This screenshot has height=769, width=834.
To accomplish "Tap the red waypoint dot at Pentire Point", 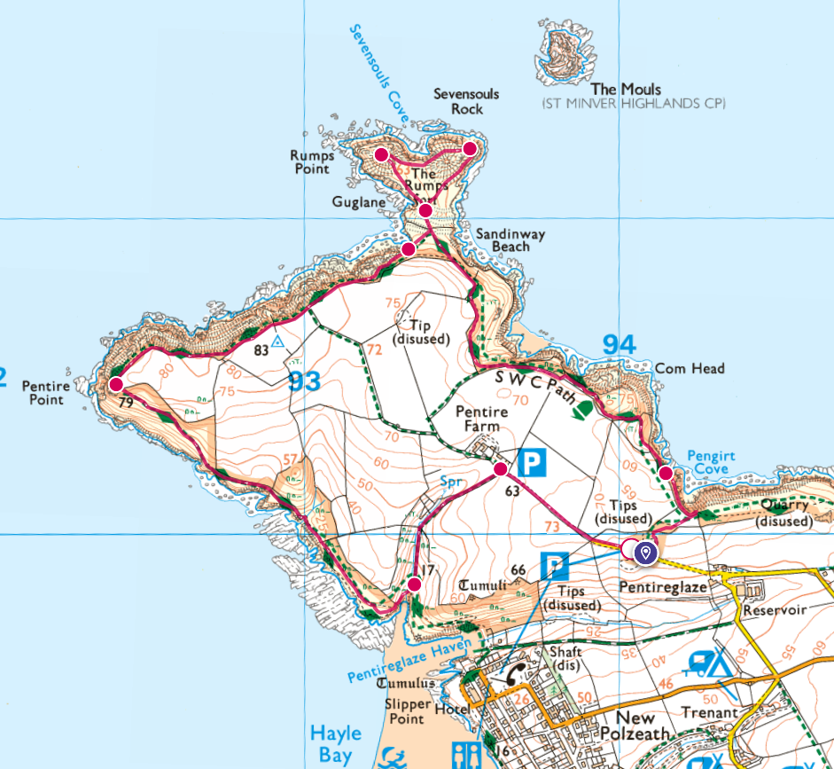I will coord(115,385).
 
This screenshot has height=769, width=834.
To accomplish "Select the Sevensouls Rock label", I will coord(466,101).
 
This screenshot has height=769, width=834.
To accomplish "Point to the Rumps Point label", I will coord(310,161).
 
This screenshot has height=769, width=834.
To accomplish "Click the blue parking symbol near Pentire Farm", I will coord(531,462).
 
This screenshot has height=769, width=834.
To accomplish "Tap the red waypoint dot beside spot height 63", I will coord(501,468).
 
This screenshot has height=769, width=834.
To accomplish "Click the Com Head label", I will coord(690,368).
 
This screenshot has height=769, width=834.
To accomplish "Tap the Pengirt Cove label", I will coord(711,462).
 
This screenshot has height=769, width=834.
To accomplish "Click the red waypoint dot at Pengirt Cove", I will coord(665,473).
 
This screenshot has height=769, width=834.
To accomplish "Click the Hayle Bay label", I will coord(335,742).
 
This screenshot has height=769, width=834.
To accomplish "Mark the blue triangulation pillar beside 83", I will coord(278,341).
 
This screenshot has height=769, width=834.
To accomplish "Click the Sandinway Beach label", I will coord(510,239).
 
